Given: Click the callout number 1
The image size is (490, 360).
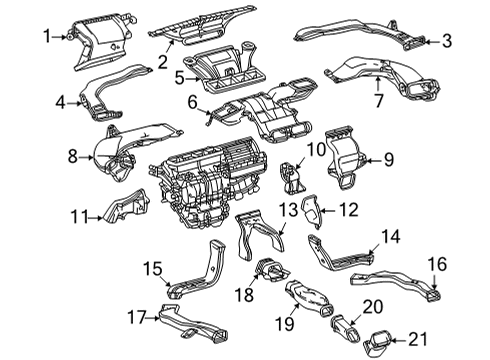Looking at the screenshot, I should [46, 37].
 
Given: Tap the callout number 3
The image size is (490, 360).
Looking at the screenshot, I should [447, 41].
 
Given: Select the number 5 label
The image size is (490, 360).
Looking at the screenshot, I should [180, 77].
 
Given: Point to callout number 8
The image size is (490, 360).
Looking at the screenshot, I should [73, 155].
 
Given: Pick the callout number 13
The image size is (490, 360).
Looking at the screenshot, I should [288, 209].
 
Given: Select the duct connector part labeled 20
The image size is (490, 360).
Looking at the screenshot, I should [346, 326].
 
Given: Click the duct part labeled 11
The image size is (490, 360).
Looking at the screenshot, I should [125, 208].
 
